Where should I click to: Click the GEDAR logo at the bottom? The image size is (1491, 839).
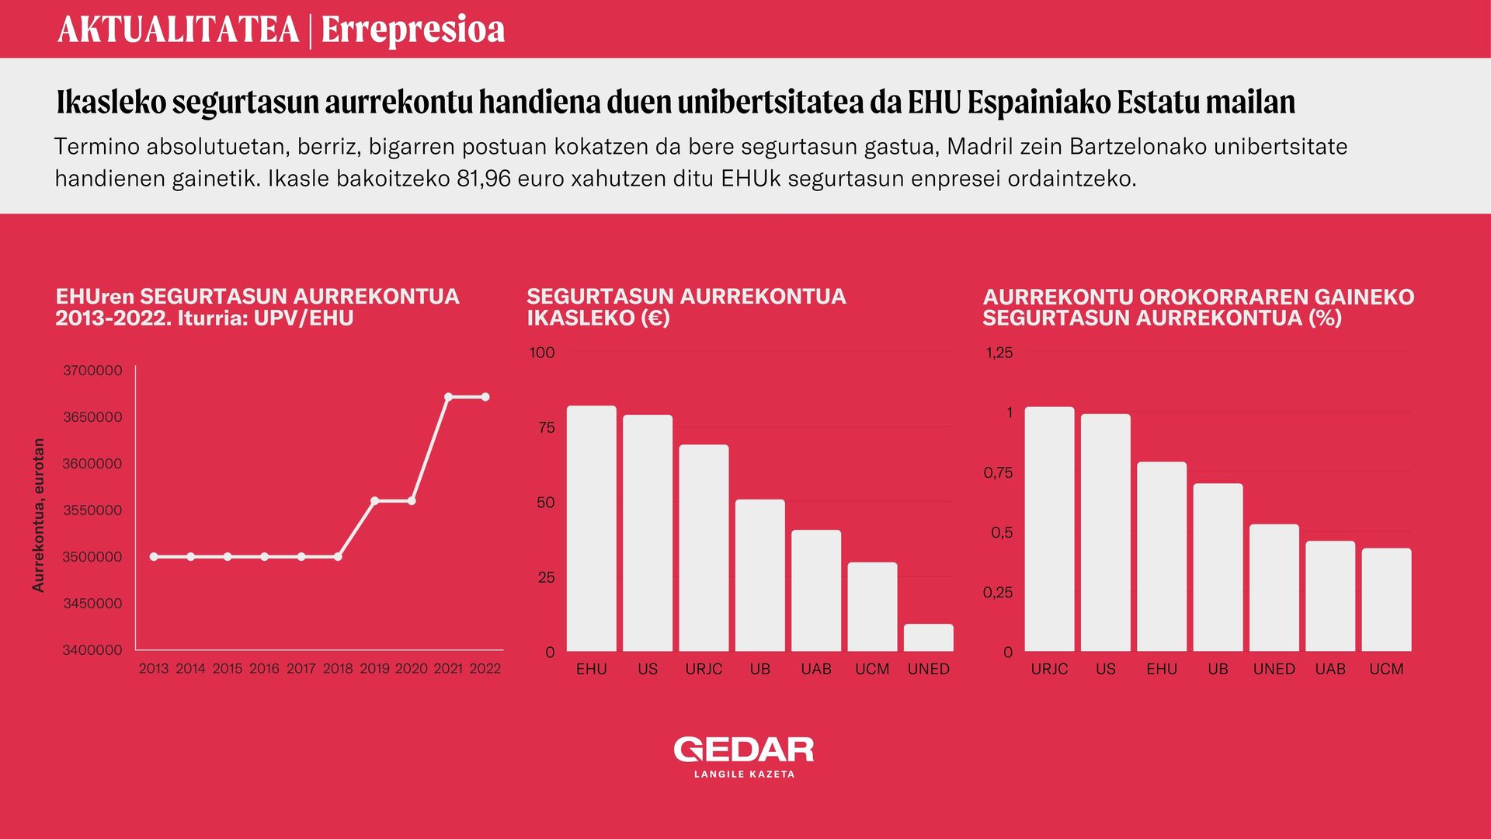click(744, 750)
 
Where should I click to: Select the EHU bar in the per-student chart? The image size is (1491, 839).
click(592, 528)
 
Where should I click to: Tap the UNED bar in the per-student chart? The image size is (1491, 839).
click(929, 638)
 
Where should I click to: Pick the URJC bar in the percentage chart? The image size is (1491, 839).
click(1050, 529)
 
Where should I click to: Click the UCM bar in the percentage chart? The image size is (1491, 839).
click(1387, 600)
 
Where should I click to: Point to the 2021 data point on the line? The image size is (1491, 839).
click(449, 397)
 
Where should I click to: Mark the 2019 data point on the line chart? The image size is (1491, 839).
click(374, 501)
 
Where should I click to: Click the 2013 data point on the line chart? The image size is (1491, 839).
click(154, 557)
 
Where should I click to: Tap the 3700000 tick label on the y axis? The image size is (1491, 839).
click(92, 371)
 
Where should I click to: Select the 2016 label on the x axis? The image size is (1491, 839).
click(264, 669)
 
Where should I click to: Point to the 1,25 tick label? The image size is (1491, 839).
click(999, 353)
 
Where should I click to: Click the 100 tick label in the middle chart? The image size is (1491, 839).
click(542, 353)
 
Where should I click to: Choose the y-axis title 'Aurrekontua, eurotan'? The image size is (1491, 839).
click(38, 515)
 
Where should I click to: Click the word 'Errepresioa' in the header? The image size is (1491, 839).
click(413, 30)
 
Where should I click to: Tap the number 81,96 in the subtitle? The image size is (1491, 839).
click(484, 179)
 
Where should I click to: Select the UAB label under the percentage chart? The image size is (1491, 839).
click(1330, 669)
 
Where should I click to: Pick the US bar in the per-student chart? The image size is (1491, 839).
click(648, 533)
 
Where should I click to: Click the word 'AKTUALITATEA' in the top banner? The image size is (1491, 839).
click(179, 30)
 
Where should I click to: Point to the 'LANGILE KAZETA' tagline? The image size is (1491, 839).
click(744, 775)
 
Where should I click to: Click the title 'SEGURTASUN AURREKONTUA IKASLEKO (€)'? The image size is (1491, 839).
click(686, 307)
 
